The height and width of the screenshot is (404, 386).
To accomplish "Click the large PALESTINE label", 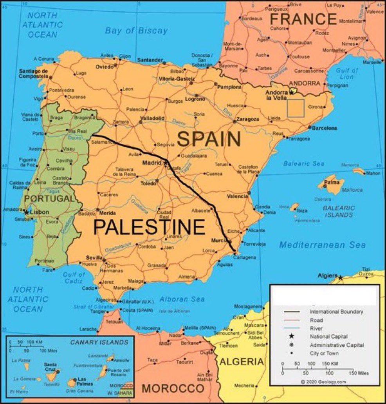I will pyautogui.click(x=150, y=227).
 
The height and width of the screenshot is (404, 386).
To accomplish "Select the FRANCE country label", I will pyautogui.click(x=303, y=19).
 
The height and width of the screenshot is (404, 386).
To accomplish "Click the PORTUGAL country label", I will pyautogui.click(x=49, y=199).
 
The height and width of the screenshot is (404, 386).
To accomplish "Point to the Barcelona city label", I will pyautogui.click(x=324, y=128).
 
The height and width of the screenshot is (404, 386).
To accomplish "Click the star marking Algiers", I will pyautogui.click(x=340, y=277).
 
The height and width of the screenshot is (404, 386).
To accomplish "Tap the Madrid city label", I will pyautogui.click(x=152, y=163).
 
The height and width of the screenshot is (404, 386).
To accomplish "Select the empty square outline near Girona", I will pyautogui.click(x=296, y=108).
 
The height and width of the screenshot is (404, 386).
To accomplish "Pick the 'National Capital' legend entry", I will pyautogui.click(x=328, y=337).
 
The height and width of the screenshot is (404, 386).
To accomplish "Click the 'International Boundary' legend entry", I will pyautogui.click(x=336, y=312).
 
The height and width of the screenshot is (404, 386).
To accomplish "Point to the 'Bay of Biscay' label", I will pyautogui.click(x=136, y=31).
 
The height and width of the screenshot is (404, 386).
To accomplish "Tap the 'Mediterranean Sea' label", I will pyautogui.click(x=322, y=245).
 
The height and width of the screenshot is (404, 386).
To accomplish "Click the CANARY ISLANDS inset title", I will pyautogui.click(x=99, y=342).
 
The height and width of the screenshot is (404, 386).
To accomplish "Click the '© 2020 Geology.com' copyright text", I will pyautogui.click(x=323, y=382).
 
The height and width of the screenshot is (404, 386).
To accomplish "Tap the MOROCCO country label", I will pyautogui.click(x=173, y=388).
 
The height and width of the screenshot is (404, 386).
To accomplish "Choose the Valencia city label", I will pyautogui.click(x=237, y=196).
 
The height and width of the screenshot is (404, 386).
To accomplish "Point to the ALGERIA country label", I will pyautogui.click(x=241, y=361).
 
